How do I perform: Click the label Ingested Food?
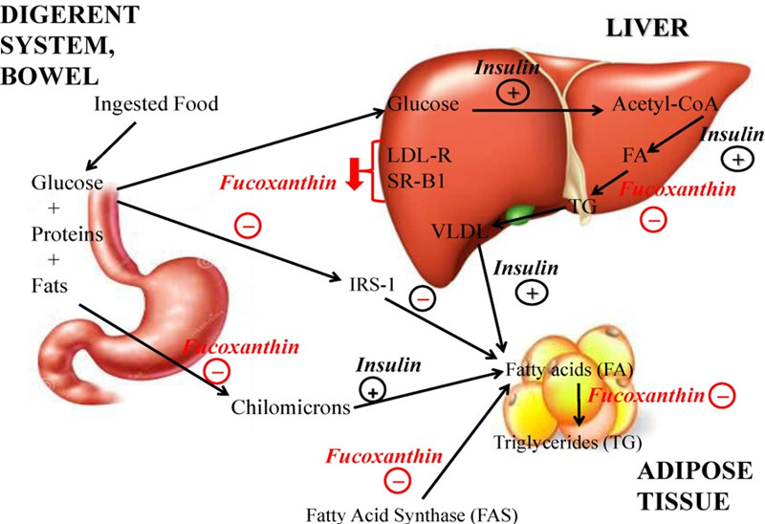click(156, 103)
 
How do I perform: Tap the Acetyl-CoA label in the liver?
click(653, 107)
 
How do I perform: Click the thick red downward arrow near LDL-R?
click(354, 176)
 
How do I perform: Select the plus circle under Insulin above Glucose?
click(512, 92)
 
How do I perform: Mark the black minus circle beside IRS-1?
click(424, 298)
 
